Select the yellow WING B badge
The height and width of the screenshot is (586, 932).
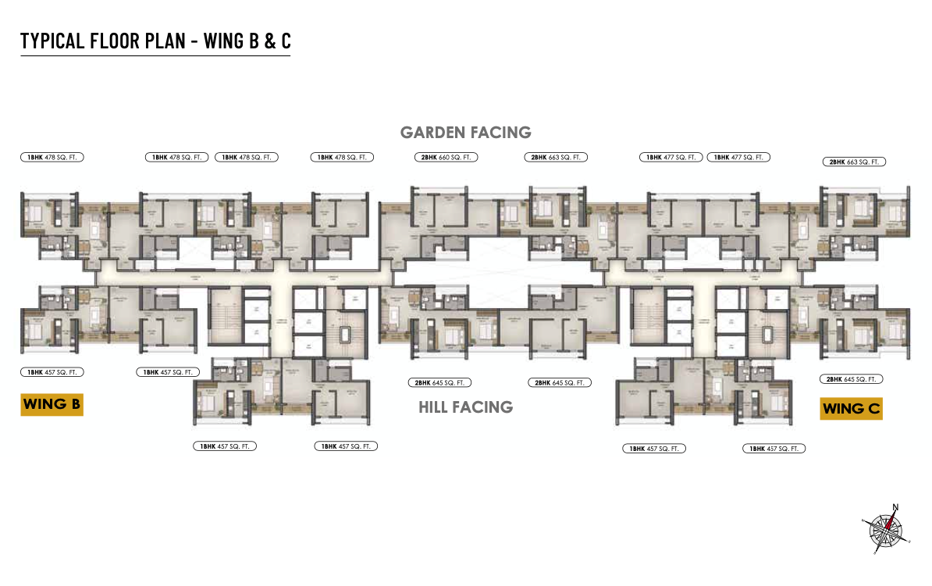coord(52,404)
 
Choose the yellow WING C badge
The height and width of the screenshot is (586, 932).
coord(851,408)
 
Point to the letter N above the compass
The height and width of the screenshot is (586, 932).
coord(895,507)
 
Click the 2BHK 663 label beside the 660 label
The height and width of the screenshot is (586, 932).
coord(555,157)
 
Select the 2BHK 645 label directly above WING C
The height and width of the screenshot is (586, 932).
coord(851,378)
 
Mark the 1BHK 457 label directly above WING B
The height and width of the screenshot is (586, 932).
coord(52,372)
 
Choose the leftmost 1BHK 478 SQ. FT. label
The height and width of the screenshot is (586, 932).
coord(52,157)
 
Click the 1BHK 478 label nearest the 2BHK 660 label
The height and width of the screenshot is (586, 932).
coord(342,157)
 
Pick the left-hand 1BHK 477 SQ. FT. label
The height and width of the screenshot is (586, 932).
coord(670,157)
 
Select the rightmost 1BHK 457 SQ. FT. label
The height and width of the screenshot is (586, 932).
coord(774,449)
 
